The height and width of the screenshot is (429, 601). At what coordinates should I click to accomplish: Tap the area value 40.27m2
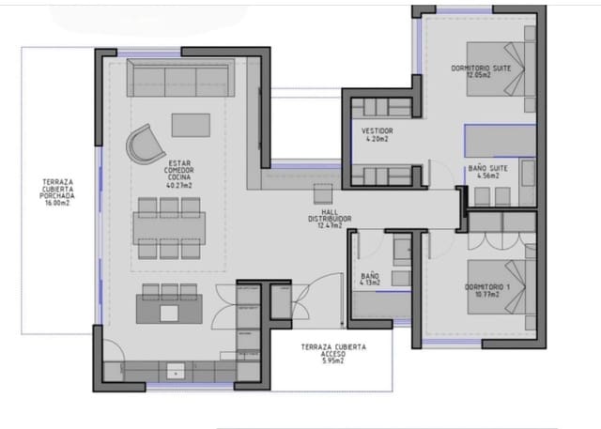point(178,186)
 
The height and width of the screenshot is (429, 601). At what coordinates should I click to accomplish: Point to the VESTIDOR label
point(377,130)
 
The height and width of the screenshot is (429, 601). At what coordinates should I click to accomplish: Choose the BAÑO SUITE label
point(486,168)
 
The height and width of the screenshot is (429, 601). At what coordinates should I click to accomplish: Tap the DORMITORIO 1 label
point(486,287)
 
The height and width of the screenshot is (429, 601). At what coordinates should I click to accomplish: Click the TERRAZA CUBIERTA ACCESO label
point(333,350)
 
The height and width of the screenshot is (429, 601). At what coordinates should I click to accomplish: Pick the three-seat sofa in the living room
point(181,79)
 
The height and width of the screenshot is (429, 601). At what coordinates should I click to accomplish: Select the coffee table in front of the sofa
point(191,124)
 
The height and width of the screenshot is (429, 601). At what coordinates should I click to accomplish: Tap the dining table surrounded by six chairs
point(169,226)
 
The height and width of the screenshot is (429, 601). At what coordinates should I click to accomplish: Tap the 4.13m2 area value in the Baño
point(369,283)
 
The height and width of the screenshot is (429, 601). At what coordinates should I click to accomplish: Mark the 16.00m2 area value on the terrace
point(58,203)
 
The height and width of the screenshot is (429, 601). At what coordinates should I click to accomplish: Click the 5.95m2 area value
point(333,360)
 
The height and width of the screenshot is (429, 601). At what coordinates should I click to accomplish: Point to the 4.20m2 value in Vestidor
point(377,139)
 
